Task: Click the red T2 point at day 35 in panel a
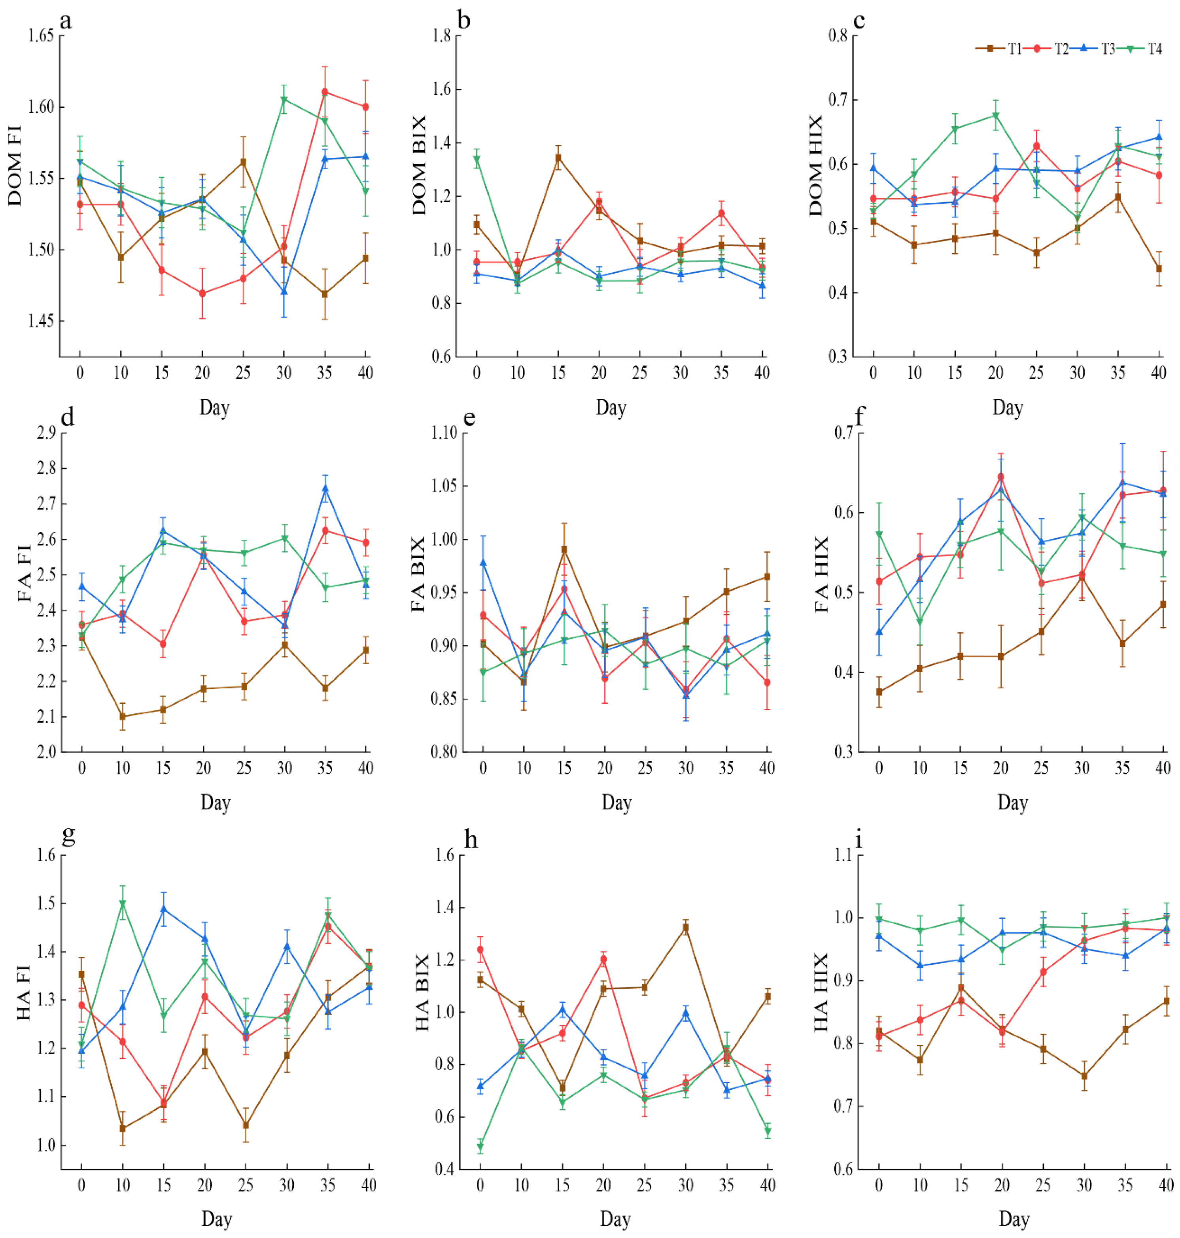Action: click(x=325, y=92)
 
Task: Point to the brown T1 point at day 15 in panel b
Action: click(x=558, y=158)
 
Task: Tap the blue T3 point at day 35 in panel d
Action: click(x=325, y=488)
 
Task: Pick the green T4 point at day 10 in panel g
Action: click(x=123, y=903)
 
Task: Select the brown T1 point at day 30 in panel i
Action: click(x=1084, y=1076)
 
